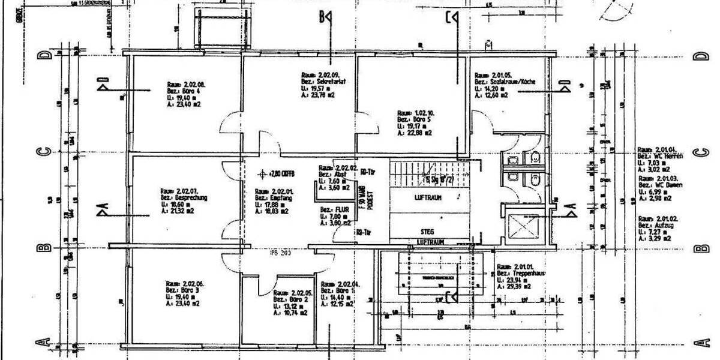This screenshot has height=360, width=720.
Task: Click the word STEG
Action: [427, 232]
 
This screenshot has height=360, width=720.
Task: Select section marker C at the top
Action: [451, 18]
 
